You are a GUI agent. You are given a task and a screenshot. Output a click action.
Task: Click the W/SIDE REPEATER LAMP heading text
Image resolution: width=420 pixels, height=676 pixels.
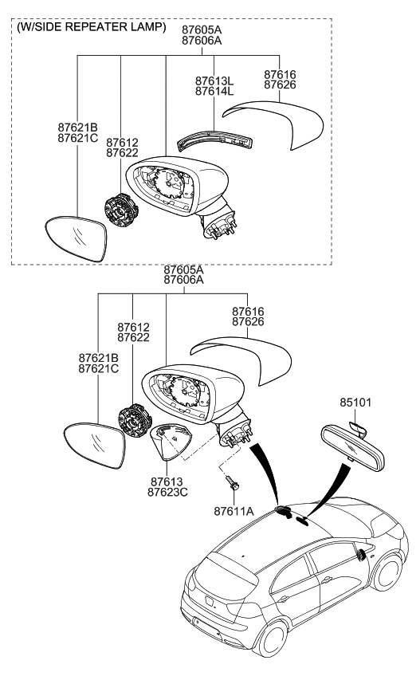tap(92, 28)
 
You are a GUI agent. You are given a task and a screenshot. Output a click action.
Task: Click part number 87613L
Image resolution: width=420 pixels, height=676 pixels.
tap(214, 81)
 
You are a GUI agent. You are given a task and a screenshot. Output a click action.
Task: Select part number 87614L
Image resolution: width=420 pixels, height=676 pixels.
tap(214, 92)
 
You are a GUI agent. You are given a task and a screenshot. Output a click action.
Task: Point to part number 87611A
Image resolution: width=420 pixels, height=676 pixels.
tap(234, 510)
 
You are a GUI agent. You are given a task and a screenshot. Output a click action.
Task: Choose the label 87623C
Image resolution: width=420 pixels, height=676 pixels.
tap(169, 492)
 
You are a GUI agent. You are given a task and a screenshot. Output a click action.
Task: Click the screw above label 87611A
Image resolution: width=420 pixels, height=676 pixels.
tap(233, 484)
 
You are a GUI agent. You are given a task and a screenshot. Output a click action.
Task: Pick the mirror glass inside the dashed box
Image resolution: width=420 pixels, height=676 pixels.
tap(77, 237)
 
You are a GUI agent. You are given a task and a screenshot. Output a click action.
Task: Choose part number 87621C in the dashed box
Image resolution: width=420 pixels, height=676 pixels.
tap(77, 138)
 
